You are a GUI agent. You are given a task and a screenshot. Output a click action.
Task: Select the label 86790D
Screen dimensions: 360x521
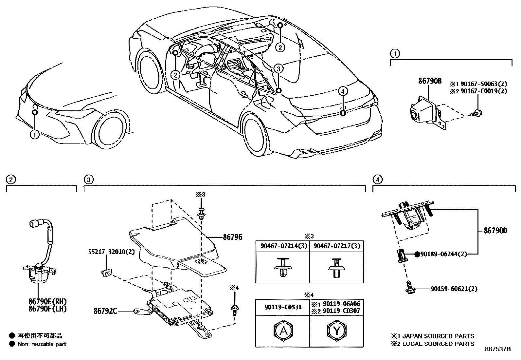pyautogui.click(x=495, y=231)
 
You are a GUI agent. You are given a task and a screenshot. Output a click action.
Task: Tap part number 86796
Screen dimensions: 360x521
pyautogui.click(x=232, y=237)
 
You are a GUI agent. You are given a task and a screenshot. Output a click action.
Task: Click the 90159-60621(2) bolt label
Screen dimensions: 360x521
pyautogui.click(x=454, y=289)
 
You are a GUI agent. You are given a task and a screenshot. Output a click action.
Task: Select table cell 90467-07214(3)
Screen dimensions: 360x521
pyautogui.click(x=282, y=246)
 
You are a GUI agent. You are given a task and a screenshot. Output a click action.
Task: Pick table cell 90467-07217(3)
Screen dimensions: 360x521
pyautogui.click(x=336, y=246)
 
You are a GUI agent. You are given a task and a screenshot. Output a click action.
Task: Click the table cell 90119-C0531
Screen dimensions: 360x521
pyautogui.click(x=282, y=307)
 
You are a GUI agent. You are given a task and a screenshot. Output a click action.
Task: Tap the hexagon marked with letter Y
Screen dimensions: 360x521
pyautogui.click(x=336, y=331)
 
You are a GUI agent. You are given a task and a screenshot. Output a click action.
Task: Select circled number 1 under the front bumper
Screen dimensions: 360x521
pyautogui.click(x=34, y=134)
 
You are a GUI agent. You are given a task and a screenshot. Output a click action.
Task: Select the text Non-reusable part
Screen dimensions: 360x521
pyautogui.click(x=42, y=344)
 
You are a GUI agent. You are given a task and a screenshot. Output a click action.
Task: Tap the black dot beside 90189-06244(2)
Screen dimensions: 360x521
pyautogui.click(x=417, y=254)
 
